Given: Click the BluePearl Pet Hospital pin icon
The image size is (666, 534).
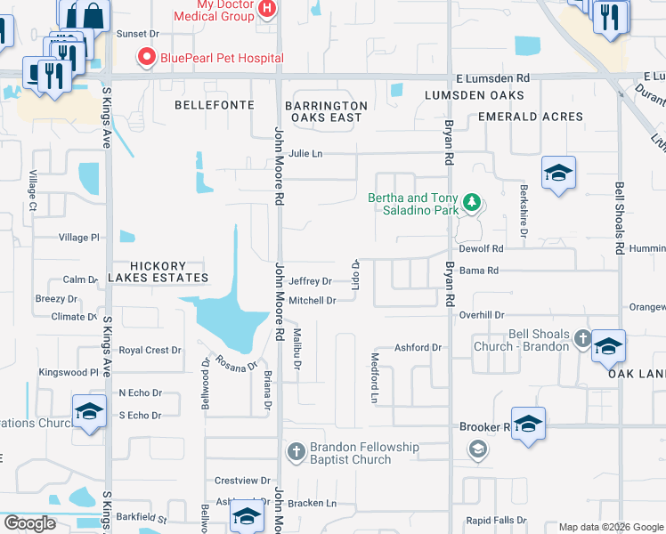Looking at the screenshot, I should (146, 58).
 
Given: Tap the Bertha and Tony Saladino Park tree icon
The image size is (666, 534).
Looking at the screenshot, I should (472, 205).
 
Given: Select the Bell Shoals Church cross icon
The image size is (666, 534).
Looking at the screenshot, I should (582, 338).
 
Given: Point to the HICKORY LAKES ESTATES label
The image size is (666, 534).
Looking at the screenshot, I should (158, 271).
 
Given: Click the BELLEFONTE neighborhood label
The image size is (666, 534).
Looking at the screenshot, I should (208, 105).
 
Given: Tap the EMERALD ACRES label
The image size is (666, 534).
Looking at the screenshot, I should (531, 117).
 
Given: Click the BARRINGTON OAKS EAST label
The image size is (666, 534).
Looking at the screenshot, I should (325, 111).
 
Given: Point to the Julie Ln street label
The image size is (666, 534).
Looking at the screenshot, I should (305, 153).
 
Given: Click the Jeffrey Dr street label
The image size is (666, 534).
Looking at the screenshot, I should (310, 281).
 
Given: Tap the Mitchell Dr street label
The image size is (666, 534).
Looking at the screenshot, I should (312, 301).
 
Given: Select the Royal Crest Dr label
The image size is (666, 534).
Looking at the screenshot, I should (150, 351).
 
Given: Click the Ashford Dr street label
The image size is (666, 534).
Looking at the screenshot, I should (418, 348).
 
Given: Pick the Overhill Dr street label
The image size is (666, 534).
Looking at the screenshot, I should (482, 315).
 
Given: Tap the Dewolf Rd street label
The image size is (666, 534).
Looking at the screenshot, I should (484, 249).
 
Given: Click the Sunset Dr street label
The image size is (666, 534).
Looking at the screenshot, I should (137, 34).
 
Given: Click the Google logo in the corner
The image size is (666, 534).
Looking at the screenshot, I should (29, 523).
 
